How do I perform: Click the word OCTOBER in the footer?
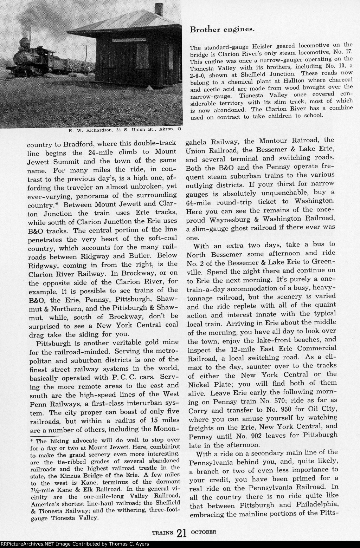203,531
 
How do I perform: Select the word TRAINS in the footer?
162,532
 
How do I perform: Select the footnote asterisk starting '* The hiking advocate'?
31,442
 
